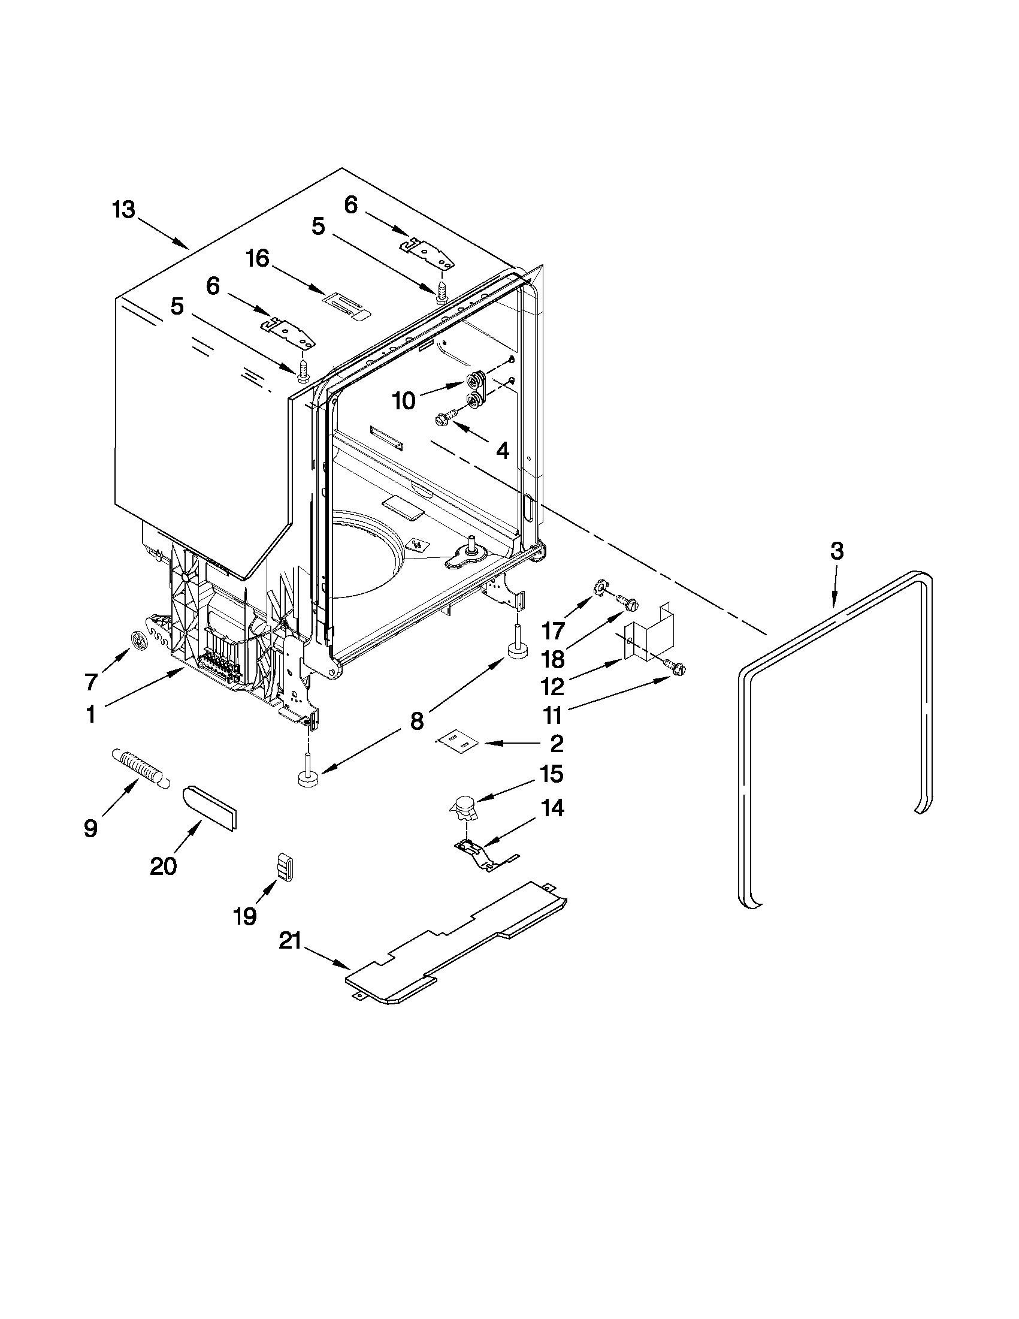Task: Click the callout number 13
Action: tap(124, 211)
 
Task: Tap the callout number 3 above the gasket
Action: tap(836, 551)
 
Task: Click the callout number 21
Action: tap(290, 941)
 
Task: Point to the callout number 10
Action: tap(404, 400)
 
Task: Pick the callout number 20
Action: tap(163, 866)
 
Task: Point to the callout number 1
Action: tap(90, 714)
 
